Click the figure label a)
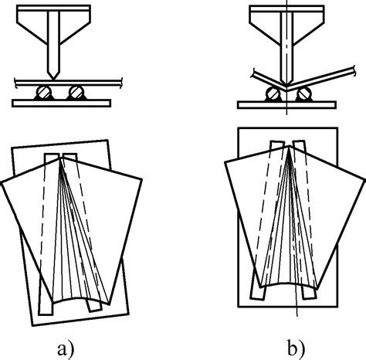coord(66,349)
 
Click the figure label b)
coord(297,348)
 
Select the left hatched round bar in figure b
coord(273,94)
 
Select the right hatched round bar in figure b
coord(304,94)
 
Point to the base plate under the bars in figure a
coord(62,103)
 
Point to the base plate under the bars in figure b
coord(286,105)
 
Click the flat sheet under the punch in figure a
coord(68,83)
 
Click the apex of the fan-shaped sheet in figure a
coord(61,158)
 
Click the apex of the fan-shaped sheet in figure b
coord(290,146)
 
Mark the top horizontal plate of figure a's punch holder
coord(53,8)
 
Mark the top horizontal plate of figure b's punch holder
coord(286,8)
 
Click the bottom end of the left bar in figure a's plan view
coord(46,314)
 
